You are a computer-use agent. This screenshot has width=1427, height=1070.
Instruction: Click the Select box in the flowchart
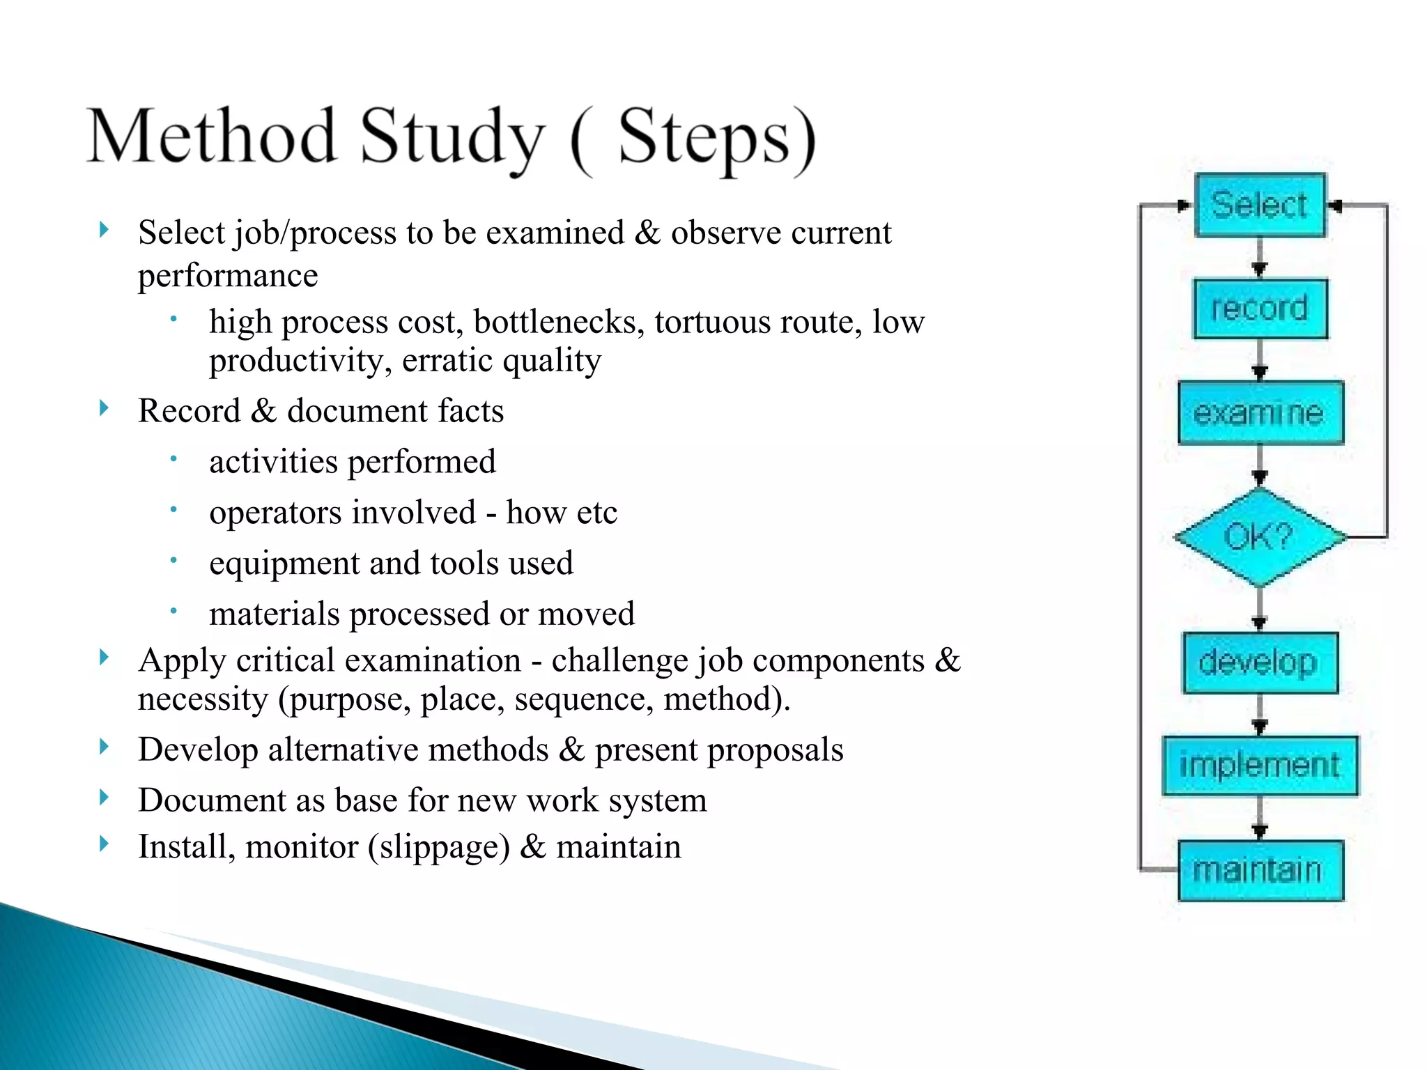tap(1259, 206)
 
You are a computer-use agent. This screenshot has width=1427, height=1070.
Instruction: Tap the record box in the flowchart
tap(1260, 309)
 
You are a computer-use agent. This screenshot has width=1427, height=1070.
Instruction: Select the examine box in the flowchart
tap(1260, 413)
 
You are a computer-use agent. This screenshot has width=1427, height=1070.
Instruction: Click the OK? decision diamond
tap(1260, 537)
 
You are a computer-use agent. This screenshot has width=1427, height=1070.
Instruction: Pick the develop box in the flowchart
tap(1260, 662)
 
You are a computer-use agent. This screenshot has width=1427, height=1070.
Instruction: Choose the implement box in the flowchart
tap(1260, 766)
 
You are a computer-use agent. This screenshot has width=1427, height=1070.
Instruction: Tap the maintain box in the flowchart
tap(1260, 870)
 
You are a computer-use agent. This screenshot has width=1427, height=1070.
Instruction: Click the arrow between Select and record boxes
tap(1259, 259)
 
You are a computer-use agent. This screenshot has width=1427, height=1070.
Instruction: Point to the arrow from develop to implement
tap(1259, 715)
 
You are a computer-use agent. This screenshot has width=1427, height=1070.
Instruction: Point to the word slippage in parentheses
tap(439, 848)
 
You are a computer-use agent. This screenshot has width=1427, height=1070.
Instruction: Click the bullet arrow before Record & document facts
tap(104, 408)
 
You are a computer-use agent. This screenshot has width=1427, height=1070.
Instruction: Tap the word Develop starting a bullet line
tap(198, 750)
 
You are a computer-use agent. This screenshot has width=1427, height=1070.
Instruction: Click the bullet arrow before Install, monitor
tap(104, 844)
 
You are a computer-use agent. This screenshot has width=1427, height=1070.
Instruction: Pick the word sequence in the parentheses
tap(583, 699)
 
